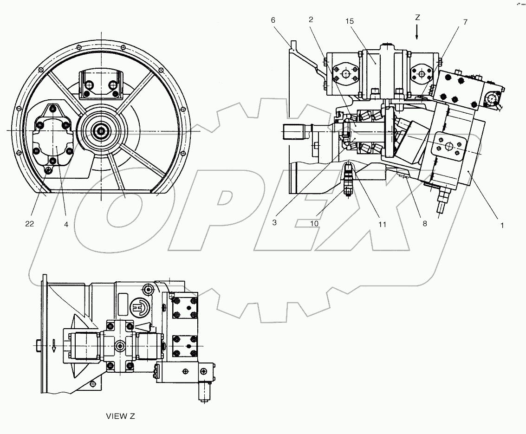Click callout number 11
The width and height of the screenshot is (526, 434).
(x=382, y=224)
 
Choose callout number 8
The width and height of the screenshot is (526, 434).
(x=424, y=223)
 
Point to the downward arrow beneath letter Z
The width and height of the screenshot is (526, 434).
(x=417, y=32)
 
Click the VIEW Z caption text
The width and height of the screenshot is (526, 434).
(x=120, y=416)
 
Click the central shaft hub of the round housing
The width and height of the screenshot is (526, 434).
(x=101, y=131)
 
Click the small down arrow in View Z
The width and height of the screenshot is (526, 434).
(x=54, y=346)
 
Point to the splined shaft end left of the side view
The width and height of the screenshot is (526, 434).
(x=293, y=132)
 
